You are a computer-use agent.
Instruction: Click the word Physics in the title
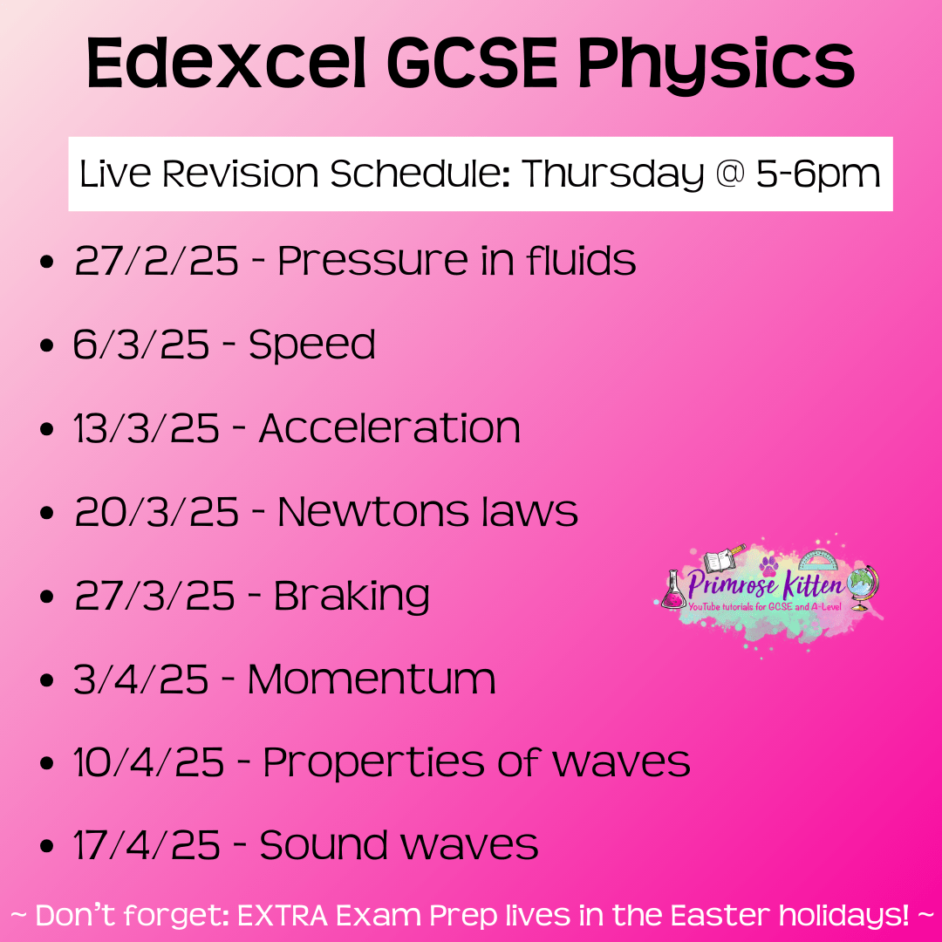pos(716,65)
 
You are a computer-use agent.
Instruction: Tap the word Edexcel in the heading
pos(227,63)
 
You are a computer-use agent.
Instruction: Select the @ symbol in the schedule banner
pos(730,173)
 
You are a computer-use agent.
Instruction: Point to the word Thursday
pos(612,174)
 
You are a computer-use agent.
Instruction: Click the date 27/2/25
pos(157,261)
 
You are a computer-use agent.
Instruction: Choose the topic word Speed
pos(312,345)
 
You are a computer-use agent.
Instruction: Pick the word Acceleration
pos(389,428)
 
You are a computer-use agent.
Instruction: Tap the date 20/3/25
pos(157,512)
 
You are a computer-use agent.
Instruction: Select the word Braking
pos(352,597)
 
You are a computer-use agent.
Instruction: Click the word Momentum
pos(372,679)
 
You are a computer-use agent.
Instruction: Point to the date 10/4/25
pos(148,763)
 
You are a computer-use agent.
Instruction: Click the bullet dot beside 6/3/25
pos(46,345)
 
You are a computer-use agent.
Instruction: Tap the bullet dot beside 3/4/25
pos(46,680)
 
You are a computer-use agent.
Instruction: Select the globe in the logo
pos(862,587)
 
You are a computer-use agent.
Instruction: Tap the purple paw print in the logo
pos(768,564)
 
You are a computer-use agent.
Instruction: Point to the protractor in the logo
pos(817,559)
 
